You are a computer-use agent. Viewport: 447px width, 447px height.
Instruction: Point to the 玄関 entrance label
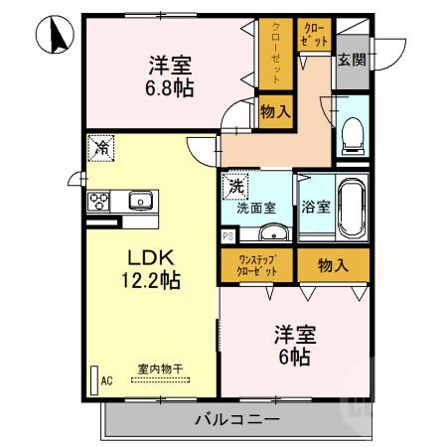(351, 60)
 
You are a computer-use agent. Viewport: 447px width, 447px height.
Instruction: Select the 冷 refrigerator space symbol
(103, 147)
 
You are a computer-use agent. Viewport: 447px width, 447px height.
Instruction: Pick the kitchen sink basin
(140, 201)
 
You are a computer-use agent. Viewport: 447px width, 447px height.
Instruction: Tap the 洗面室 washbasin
(272, 233)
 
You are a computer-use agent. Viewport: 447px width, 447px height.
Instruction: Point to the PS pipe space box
(228, 235)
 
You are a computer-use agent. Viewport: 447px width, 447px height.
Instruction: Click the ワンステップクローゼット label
(257, 265)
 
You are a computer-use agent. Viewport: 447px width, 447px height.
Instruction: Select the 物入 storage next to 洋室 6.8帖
(275, 111)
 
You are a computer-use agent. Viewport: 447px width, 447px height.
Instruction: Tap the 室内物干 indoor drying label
(153, 370)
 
